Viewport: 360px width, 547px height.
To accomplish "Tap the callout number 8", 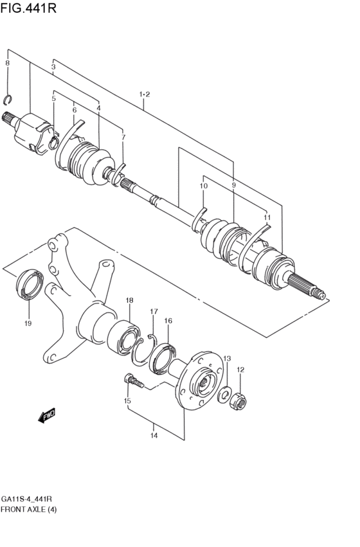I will click(x=7, y=63).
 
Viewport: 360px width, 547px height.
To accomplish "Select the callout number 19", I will click(x=28, y=323).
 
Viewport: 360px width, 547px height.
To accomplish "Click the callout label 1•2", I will click(x=144, y=95).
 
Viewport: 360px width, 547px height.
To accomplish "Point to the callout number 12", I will click(x=240, y=370).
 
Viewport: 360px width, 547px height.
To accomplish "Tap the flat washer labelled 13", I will click(x=226, y=394).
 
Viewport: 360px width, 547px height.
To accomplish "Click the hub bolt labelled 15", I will click(x=132, y=382).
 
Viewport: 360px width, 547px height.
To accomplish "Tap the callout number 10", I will click(x=203, y=186).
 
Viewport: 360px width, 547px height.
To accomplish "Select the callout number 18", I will click(x=129, y=300).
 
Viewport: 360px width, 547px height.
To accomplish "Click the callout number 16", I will click(x=168, y=321).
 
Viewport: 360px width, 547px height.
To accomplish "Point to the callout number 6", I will click(x=74, y=111).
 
